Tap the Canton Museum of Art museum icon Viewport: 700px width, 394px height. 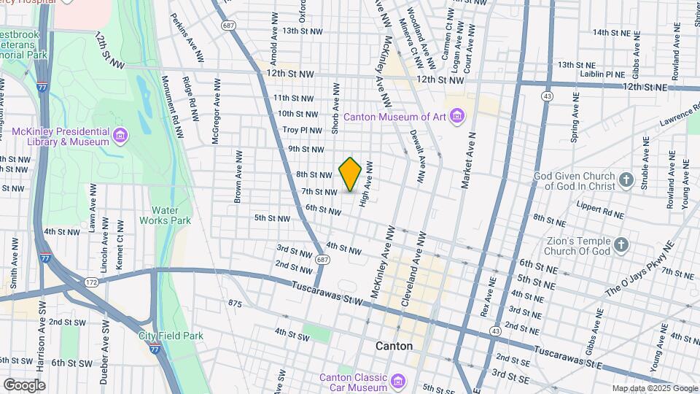click(x=457, y=116)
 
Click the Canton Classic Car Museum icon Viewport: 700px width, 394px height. click(x=398, y=382)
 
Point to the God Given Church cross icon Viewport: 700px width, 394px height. click(x=626, y=179)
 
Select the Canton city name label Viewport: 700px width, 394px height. click(x=394, y=346)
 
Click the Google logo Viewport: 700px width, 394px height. click(x=24, y=385)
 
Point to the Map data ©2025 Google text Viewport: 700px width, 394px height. click(x=654, y=388)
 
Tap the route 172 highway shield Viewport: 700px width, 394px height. click(x=91, y=281)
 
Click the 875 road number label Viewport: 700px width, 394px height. click(x=234, y=303)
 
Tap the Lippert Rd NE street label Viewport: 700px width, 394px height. click(x=599, y=213)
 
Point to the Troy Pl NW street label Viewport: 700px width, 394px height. click(x=302, y=130)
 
